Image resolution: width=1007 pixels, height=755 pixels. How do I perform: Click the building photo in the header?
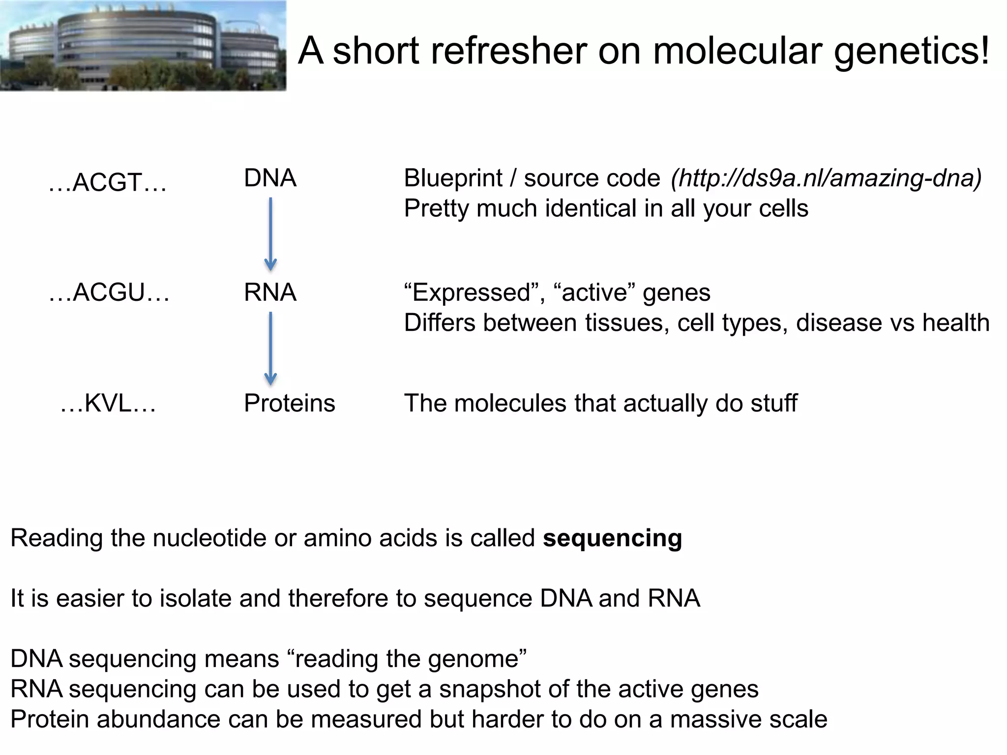pyautogui.click(x=143, y=46)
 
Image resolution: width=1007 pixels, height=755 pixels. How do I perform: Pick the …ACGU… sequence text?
pyautogui.click(x=109, y=292)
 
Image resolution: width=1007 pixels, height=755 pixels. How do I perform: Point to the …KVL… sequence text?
pyautogui.click(x=108, y=404)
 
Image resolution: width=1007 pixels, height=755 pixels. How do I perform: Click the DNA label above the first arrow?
pyautogui.click(x=270, y=178)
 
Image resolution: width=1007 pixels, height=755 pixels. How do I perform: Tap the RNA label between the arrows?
pyautogui.click(x=270, y=292)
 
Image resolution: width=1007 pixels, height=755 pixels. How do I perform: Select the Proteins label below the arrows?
pyautogui.click(x=289, y=404)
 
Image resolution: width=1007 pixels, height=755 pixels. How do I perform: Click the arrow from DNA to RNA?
pyautogui.click(x=270, y=234)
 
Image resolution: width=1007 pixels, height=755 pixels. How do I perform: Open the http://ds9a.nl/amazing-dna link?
pyautogui.click(x=826, y=178)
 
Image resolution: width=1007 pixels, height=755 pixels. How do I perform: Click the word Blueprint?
pyautogui.click(x=453, y=178)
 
